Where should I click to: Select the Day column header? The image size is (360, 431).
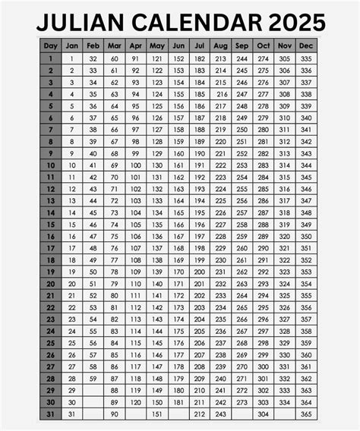point(51,46)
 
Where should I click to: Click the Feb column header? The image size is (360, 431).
point(93,46)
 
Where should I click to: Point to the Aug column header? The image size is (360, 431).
point(221,46)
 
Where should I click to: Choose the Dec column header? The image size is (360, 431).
point(307,46)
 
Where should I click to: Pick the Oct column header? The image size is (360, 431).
point(264,46)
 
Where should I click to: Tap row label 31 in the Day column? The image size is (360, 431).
point(51,414)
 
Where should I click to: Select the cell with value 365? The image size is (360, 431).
point(307,414)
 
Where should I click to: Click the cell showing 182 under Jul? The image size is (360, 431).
point(200,58)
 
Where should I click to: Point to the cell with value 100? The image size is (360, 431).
point(135,165)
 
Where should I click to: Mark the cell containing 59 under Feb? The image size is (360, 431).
point(93,378)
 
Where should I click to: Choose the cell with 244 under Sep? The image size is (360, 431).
point(242,58)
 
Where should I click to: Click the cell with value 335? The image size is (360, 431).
point(307,58)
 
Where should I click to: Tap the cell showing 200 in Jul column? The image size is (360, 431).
point(200,272)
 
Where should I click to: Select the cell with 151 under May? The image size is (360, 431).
point(157,414)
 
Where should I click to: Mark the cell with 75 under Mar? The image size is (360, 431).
point(114,236)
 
